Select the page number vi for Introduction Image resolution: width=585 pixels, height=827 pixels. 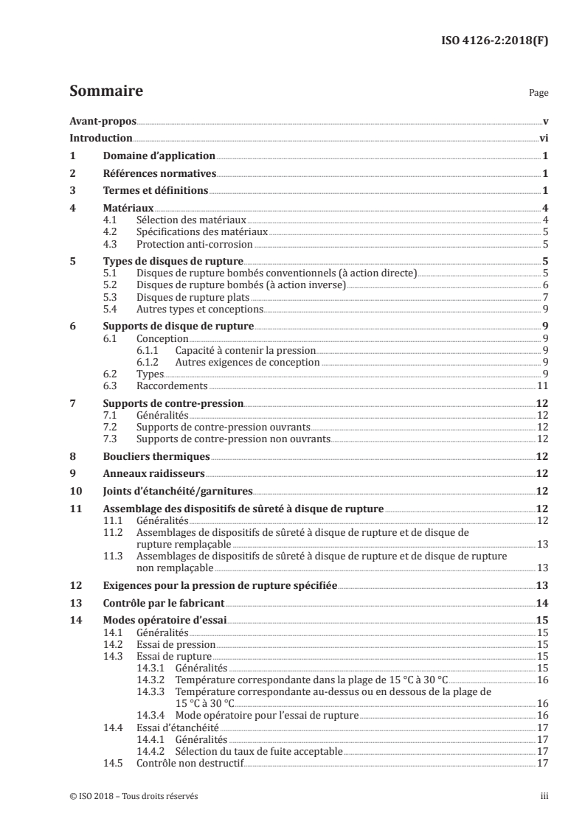pyautogui.click(x=542, y=139)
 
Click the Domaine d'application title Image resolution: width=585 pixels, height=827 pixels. pyautogui.click(x=159, y=156)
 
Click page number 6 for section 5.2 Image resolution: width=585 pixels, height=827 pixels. pyautogui.click(x=544, y=285)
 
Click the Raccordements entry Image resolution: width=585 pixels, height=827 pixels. pyautogui.click(x=173, y=385)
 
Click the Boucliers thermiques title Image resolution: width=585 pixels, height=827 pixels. pyautogui.click(x=156, y=456)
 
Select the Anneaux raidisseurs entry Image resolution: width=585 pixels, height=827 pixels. pyautogui.click(x=153, y=474)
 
